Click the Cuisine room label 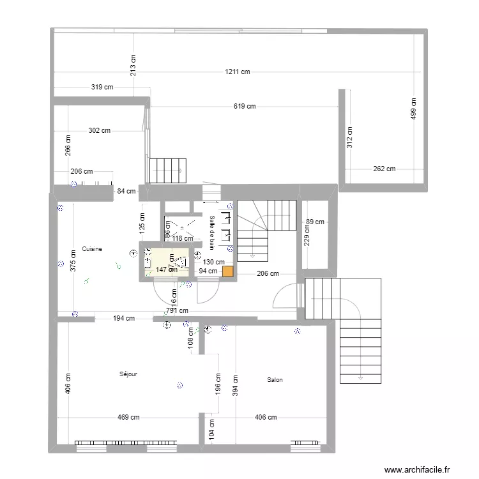coord(93,248)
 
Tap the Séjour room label coord(128,374)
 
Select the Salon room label coord(275,380)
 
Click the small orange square coord(227,271)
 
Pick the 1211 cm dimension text coord(236,72)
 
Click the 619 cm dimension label coord(244,107)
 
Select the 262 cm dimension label coord(384,169)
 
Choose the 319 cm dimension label coord(102,87)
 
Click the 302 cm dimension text coord(99,130)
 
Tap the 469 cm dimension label coord(128,418)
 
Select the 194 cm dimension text coord(124,318)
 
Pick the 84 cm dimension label coord(126,190)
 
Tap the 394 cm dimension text coord(234,383)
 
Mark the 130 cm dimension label coord(213,262)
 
